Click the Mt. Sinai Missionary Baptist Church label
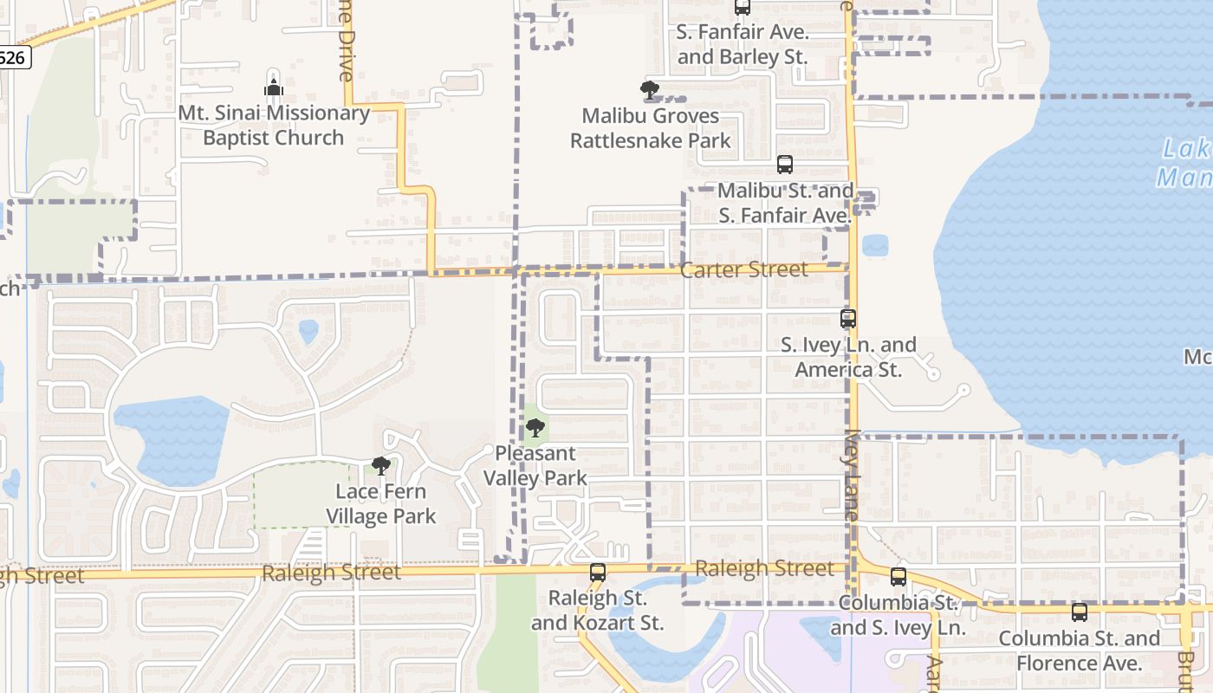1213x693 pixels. (x=274, y=126)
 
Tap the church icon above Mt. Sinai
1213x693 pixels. (x=274, y=87)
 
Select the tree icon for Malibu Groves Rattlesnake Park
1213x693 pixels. (x=649, y=89)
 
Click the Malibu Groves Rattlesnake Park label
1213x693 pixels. (x=650, y=128)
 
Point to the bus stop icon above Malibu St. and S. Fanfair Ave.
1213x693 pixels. (x=785, y=165)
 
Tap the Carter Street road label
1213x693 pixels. (x=743, y=269)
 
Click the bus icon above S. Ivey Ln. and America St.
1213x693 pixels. (x=848, y=319)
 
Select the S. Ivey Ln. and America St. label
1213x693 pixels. (x=848, y=357)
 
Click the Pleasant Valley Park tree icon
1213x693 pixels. (x=535, y=427)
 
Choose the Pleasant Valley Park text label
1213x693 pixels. (x=535, y=465)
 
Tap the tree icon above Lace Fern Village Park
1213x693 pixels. (x=380, y=465)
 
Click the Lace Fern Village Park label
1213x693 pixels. (x=381, y=504)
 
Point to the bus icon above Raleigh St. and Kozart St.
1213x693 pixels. (x=598, y=572)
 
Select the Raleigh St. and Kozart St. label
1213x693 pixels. (x=598, y=611)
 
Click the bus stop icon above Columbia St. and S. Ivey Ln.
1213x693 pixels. (x=898, y=576)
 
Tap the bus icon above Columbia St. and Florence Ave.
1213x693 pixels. (x=1080, y=612)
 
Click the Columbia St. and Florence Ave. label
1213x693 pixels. (x=1080, y=651)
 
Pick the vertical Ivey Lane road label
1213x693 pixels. (x=852, y=476)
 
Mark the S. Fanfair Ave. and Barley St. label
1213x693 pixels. (x=743, y=45)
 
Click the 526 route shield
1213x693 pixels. (x=13, y=58)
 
